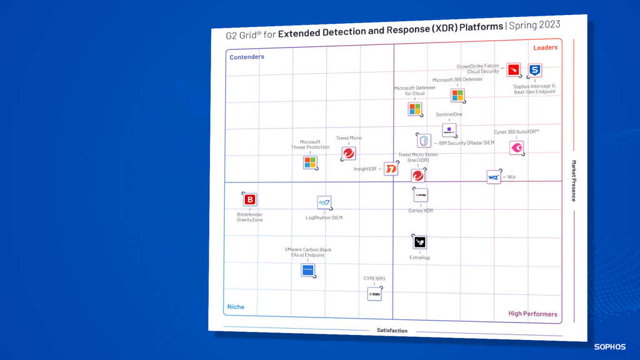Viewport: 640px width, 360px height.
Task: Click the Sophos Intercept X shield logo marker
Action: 534,71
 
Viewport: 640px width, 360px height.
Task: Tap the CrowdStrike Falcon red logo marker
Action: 514,69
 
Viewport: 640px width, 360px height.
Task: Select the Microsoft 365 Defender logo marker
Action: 457,95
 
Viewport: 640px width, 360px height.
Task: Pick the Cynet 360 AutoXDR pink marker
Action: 517,147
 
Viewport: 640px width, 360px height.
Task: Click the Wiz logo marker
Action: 494,177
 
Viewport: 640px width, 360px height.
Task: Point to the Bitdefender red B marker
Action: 250,199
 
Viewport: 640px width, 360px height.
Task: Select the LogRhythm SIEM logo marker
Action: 324,202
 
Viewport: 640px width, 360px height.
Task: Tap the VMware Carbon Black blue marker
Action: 308,270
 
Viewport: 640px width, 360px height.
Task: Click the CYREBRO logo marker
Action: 374,294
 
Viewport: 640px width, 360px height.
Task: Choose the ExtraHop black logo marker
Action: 420,242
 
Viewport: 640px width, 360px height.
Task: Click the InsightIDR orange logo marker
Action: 391,169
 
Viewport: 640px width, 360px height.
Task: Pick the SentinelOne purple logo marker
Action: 449,130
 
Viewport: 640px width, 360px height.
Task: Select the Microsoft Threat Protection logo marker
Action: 310,162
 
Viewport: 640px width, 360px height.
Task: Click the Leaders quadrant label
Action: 545,47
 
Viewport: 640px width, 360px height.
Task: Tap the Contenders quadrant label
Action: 247,57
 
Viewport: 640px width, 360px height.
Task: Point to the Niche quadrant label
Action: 236,307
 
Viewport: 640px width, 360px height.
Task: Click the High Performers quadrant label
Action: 532,314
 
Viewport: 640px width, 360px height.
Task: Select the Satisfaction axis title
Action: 392,331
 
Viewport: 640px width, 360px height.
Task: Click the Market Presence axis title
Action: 574,181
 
